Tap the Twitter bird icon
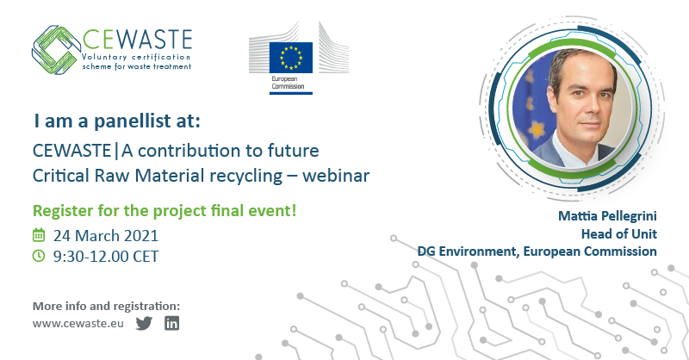[144, 324]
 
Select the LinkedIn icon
[172, 324]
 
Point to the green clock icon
[38, 255]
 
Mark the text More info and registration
[106, 306]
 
